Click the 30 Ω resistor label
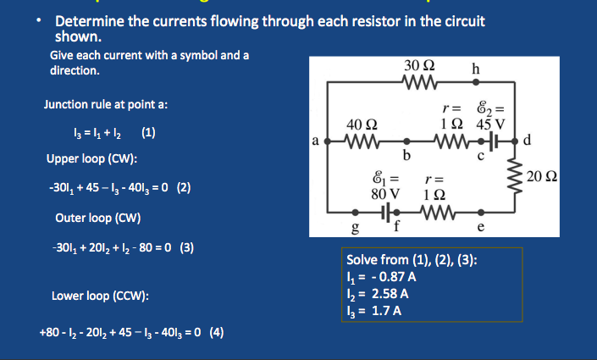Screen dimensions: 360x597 coord(420,66)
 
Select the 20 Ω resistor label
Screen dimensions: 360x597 coord(543,176)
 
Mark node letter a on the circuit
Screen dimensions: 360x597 coord(315,141)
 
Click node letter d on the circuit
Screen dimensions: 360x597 coord(528,141)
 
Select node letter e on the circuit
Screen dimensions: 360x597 coord(481,227)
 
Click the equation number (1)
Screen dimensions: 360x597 coord(148,132)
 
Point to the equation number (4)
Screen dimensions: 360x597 coord(216,332)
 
